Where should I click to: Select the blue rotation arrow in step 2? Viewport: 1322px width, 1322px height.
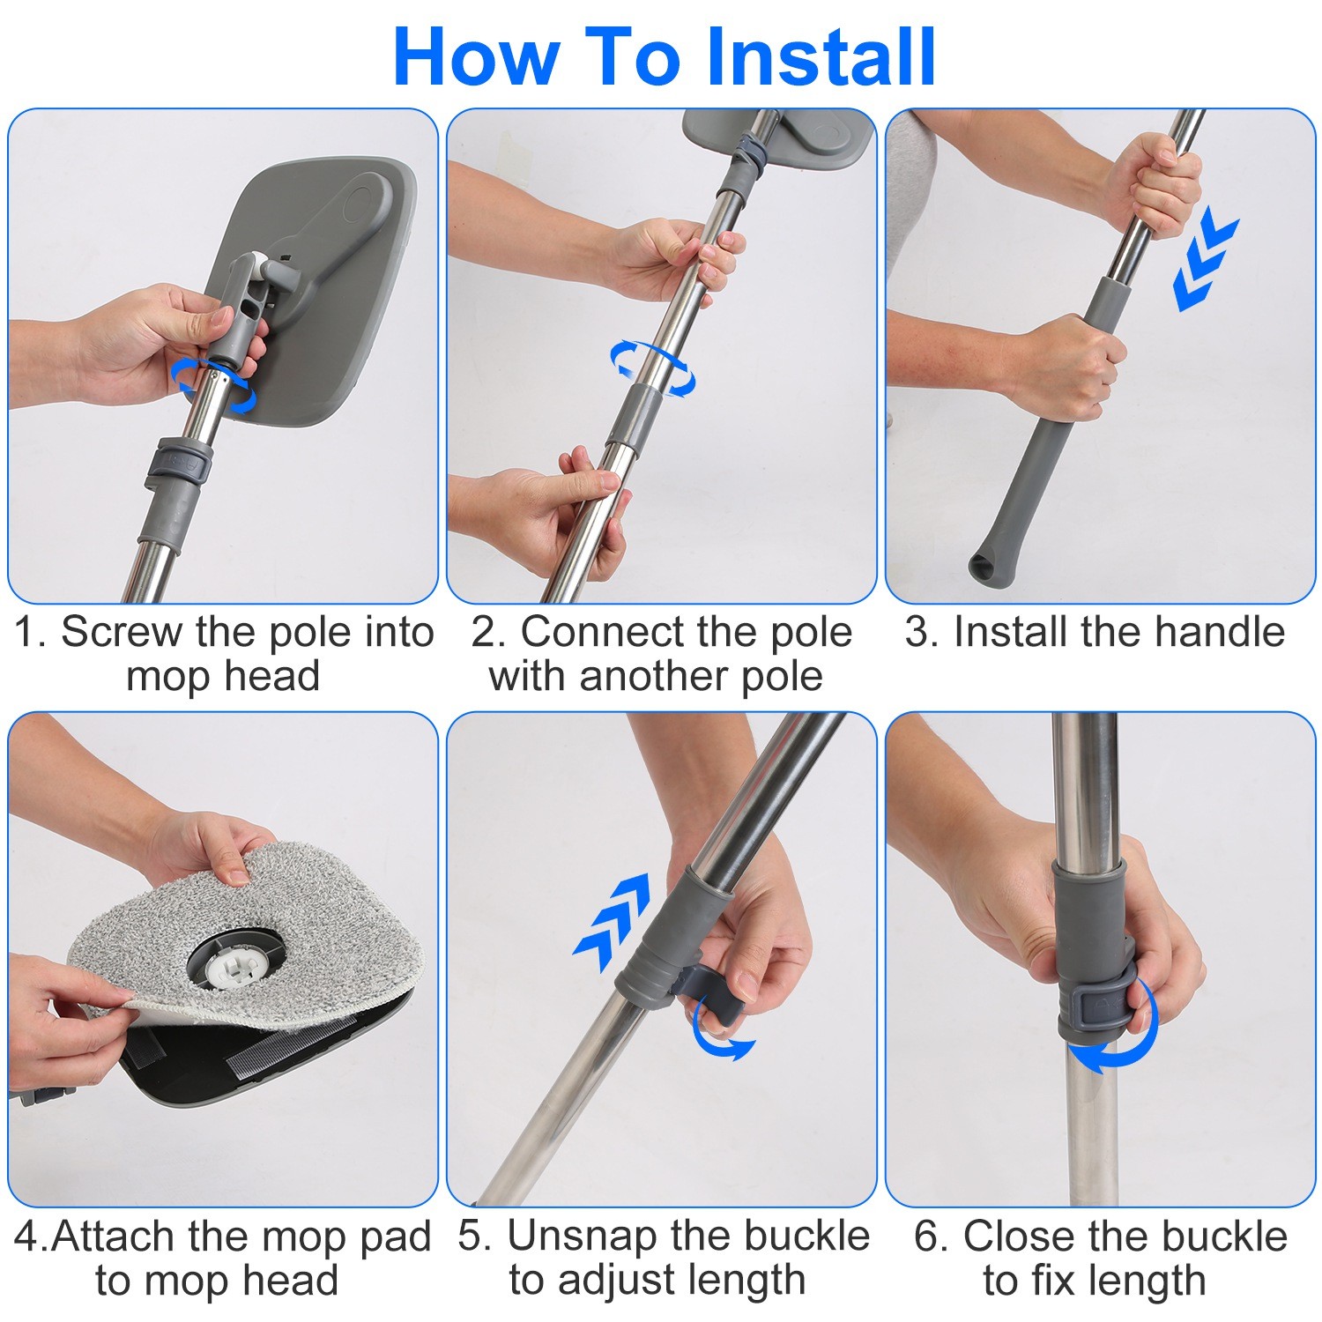click(x=652, y=368)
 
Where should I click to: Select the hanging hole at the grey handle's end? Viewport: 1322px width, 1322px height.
click(x=983, y=567)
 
